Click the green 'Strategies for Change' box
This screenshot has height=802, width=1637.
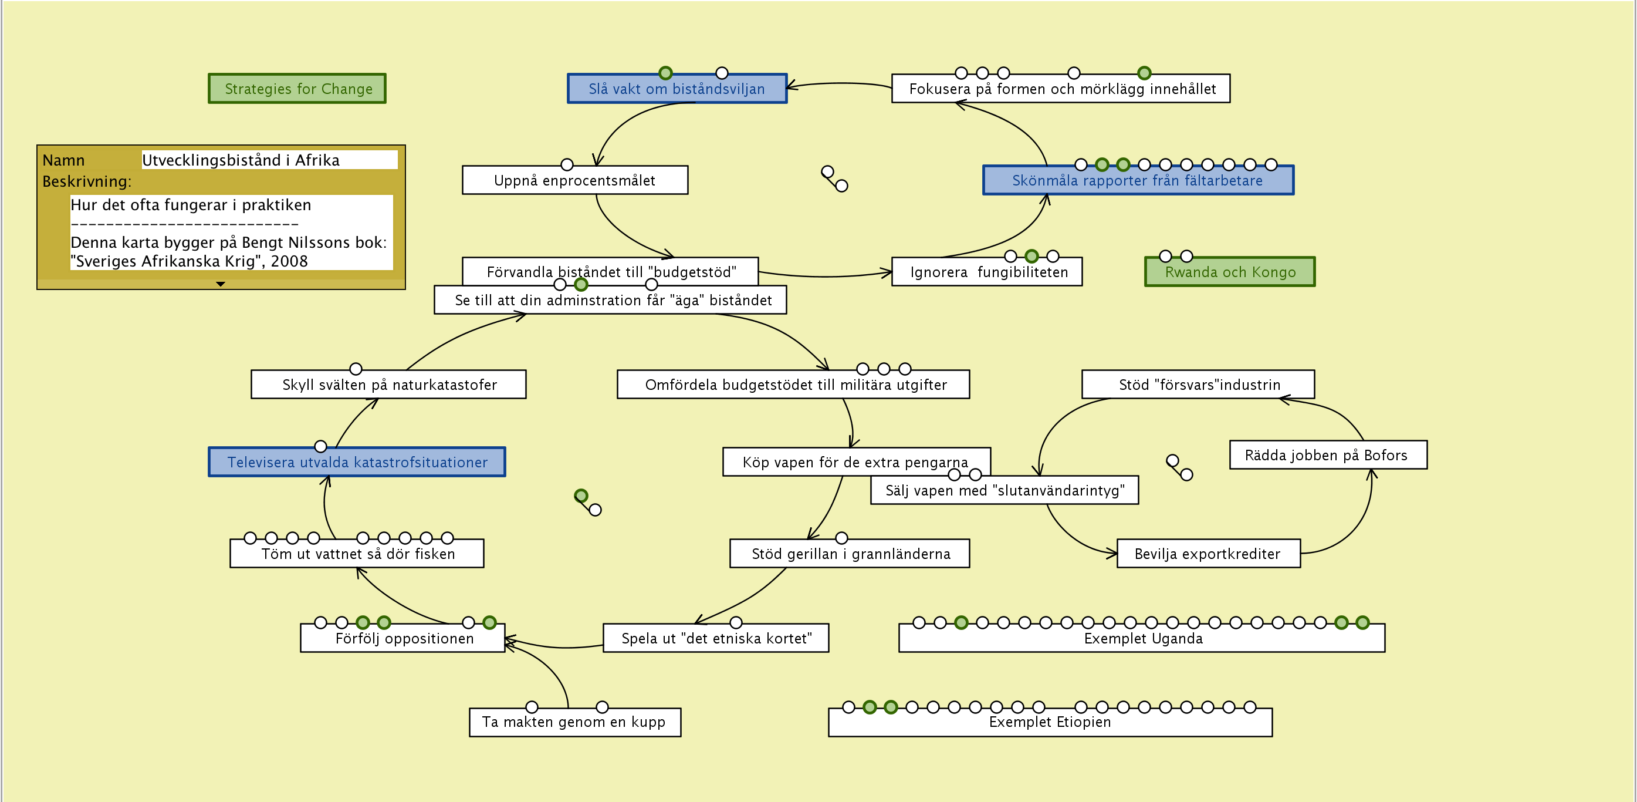click(297, 89)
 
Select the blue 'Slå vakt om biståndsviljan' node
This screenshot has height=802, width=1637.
click(677, 89)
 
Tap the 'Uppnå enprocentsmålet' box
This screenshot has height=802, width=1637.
click(574, 181)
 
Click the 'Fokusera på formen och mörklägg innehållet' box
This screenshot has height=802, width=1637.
click(1061, 89)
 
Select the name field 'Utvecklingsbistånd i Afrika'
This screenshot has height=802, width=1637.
click(269, 160)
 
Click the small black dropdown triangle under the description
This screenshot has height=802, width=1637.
click(221, 284)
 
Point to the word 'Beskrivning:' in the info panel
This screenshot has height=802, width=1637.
click(87, 182)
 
